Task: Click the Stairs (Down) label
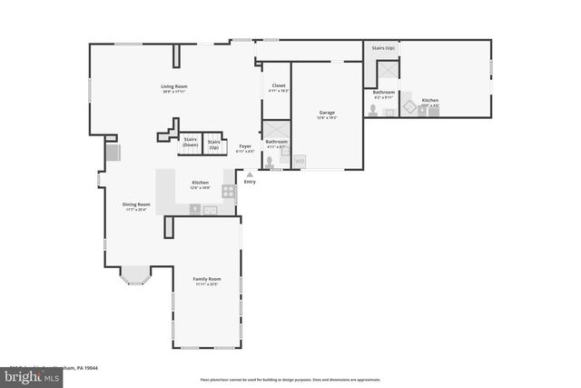[190, 142]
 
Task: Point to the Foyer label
[245, 146]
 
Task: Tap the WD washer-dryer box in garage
[300, 162]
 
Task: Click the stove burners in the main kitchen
[228, 191]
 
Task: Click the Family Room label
[206, 279]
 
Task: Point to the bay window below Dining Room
[135, 275]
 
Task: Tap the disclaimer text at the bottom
[290, 380]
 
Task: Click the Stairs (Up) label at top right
[383, 47]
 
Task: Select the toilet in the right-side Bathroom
[372, 109]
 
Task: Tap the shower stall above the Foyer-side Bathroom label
[275, 128]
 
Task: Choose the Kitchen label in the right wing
[429, 100]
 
